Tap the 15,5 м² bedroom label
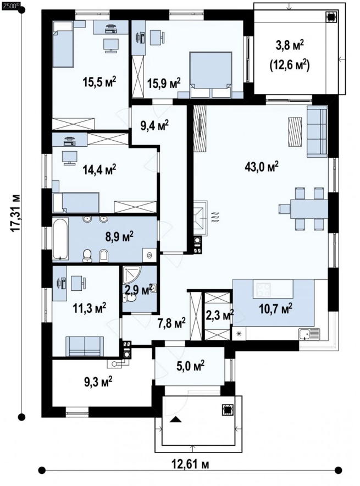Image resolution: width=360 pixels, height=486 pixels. pyautogui.click(x=99, y=82)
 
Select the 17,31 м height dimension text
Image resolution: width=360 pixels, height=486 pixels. pyautogui.click(x=15, y=213)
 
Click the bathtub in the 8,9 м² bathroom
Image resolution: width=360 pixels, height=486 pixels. pyautogui.click(x=60, y=240)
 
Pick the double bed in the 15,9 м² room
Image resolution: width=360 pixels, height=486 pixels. pyautogui.click(x=211, y=74)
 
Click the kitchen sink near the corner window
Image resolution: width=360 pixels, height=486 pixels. pyautogui.click(x=309, y=334)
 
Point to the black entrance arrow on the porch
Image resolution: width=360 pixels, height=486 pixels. pyautogui.click(x=176, y=419)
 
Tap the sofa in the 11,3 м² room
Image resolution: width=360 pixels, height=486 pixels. pyautogui.click(x=84, y=346)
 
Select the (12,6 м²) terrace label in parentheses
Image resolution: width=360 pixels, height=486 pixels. pyautogui.click(x=290, y=65)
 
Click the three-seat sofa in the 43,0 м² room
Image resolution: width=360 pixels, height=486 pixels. pyautogui.click(x=317, y=131)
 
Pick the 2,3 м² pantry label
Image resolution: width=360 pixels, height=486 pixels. pyautogui.click(x=220, y=315)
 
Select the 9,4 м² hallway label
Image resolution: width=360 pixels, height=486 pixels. pyautogui.click(x=154, y=125)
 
